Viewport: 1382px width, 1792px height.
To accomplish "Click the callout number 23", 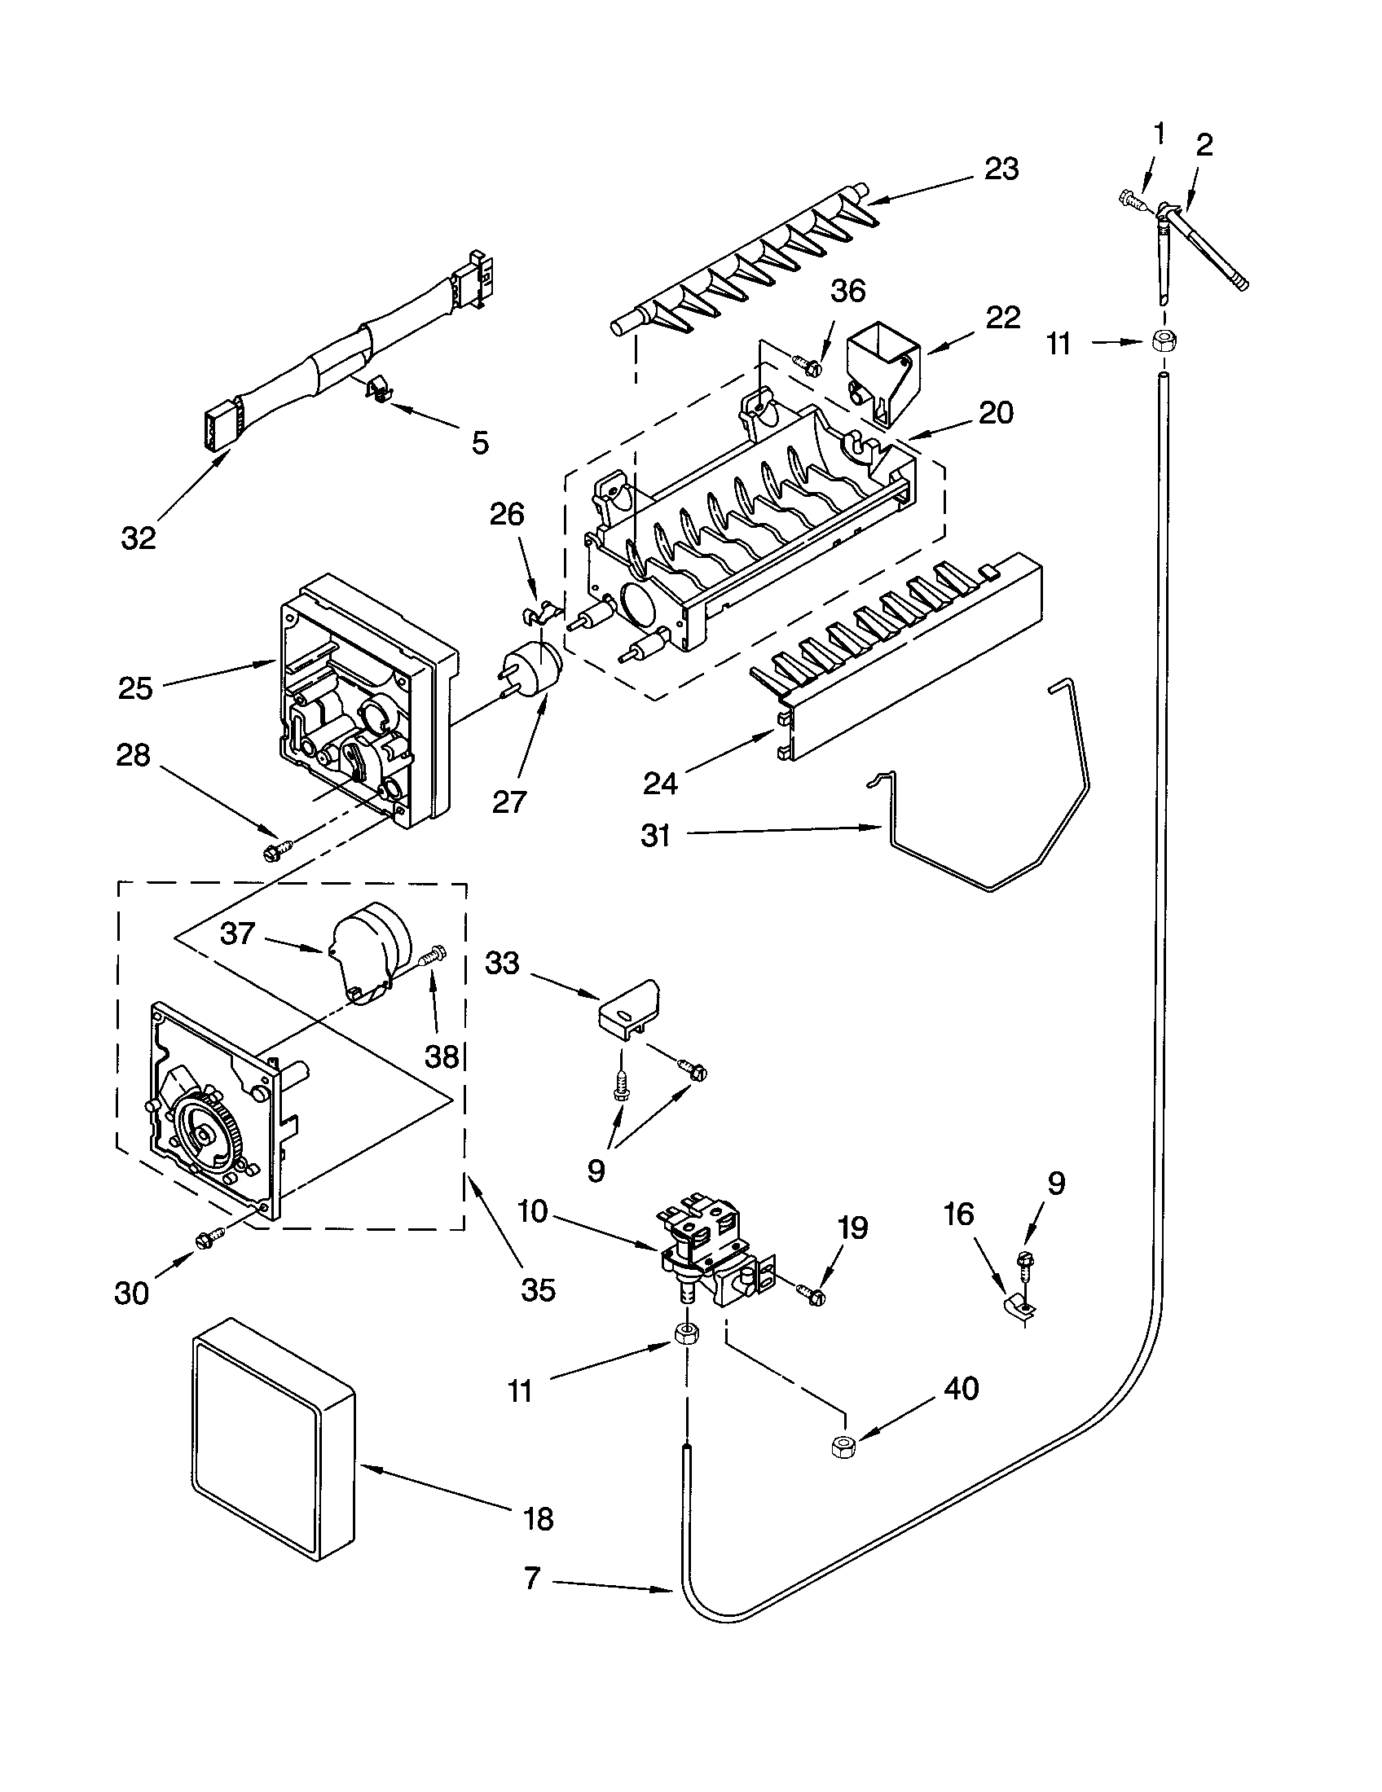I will tap(1001, 169).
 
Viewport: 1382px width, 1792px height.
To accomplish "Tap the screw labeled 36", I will tap(806, 362).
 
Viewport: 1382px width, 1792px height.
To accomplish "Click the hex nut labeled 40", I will tap(840, 1447).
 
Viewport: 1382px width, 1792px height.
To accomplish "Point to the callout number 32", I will tap(138, 538).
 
